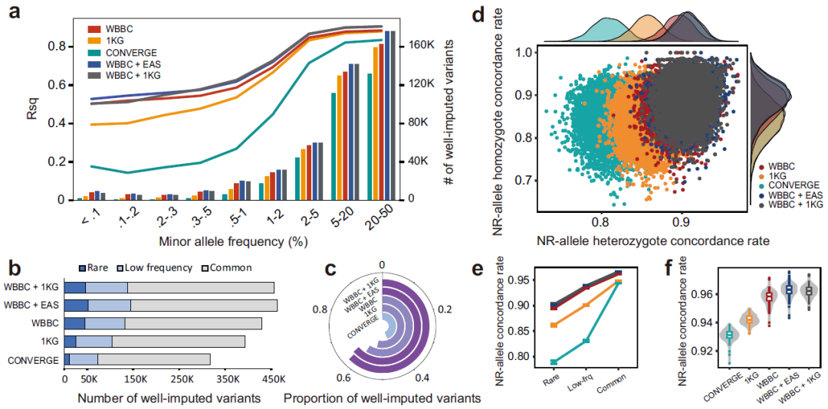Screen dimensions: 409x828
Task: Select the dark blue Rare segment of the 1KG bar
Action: point(70,342)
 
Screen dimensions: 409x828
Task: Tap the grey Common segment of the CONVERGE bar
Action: point(153,359)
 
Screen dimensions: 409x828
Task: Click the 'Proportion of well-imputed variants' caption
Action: point(382,398)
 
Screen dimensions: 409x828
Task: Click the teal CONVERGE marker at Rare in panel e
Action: point(551,362)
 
